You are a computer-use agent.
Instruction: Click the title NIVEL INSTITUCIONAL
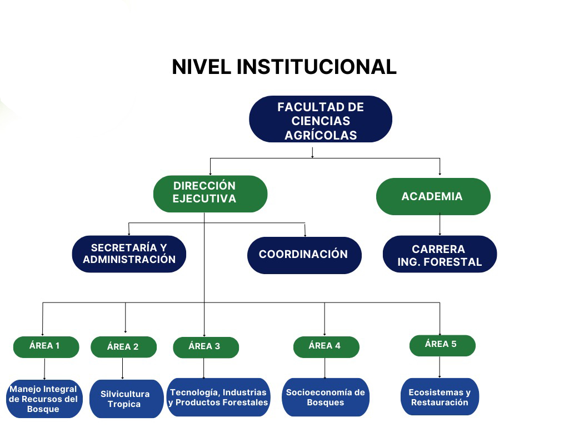point(284,67)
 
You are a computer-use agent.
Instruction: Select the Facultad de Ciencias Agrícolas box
point(321,120)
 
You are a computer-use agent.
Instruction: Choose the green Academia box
point(433,196)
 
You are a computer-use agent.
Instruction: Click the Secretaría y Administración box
point(129,254)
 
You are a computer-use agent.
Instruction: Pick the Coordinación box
point(304,255)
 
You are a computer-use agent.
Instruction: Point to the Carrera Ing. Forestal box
point(440,255)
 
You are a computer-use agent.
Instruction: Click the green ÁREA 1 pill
point(46,346)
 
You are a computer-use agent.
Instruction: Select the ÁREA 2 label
point(123,347)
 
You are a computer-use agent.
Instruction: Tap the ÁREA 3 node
point(205,347)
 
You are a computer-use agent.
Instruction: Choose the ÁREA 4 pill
point(326,346)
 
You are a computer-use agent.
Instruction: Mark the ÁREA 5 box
point(442,345)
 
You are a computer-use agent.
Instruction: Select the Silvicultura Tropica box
point(125,399)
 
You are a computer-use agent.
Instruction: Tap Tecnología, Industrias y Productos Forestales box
point(218,398)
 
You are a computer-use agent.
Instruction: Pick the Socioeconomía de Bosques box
point(326,398)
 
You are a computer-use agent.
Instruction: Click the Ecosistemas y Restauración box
point(440,398)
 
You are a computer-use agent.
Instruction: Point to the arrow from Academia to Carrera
point(440,225)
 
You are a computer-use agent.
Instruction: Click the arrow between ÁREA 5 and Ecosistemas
point(440,367)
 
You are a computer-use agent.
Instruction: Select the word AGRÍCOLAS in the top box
point(321,135)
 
